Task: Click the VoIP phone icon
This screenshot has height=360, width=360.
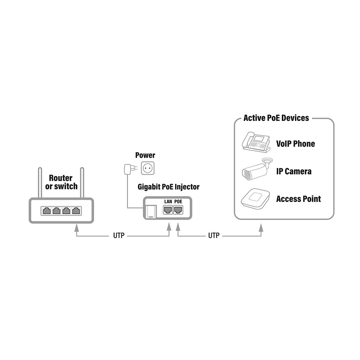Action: [x=256, y=142]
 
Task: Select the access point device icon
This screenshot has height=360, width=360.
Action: [x=255, y=199]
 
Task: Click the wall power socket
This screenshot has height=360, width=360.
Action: [x=148, y=168]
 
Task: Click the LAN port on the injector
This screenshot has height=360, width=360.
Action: [x=168, y=210]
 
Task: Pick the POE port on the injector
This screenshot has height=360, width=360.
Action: [x=178, y=210]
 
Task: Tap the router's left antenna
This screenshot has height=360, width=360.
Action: [x=40, y=183]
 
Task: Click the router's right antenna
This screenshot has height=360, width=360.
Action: [x=82, y=183]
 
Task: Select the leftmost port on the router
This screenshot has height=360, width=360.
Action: [x=46, y=211]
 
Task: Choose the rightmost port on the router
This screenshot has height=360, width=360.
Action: [x=76, y=211]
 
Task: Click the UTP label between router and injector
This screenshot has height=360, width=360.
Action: [x=119, y=235]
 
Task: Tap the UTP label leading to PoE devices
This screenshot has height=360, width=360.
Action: [x=214, y=235]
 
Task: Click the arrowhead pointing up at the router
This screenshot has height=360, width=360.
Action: [x=77, y=228]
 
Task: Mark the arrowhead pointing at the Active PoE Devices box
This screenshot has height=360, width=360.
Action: [x=261, y=228]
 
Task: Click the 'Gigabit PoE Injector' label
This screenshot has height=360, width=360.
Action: [x=168, y=187]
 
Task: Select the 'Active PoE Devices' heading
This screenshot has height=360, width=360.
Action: [x=276, y=118]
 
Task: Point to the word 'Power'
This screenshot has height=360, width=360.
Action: [x=145, y=155]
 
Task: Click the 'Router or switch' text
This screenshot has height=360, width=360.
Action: [x=61, y=182]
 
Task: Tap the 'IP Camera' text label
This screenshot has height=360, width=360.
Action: [x=294, y=171]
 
